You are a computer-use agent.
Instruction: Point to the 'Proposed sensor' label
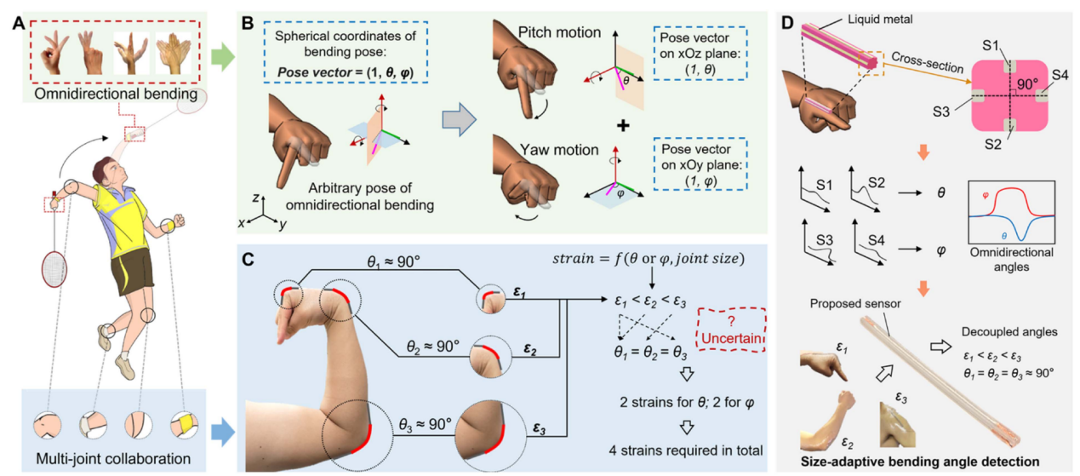pyautogui.click(x=867, y=303)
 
